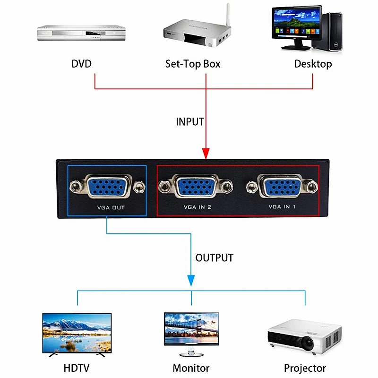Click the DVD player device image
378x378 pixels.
[x=81, y=33]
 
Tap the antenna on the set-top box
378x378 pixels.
[x=228, y=15]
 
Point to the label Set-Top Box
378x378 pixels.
[x=193, y=64]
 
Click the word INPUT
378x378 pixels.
[x=190, y=122]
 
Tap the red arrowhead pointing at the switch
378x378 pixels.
[x=206, y=154]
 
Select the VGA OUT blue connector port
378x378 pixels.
[x=108, y=187]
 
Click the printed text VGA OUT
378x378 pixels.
[x=111, y=207]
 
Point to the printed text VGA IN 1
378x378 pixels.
[x=282, y=206]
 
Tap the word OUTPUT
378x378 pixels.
[x=215, y=258]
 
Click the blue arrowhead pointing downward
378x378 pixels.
[x=191, y=281]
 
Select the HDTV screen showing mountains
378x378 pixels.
[x=77, y=333]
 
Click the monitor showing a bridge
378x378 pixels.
[x=191, y=329]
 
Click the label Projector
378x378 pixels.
[x=305, y=369]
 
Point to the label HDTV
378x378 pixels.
[x=77, y=368]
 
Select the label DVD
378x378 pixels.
[x=81, y=64]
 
